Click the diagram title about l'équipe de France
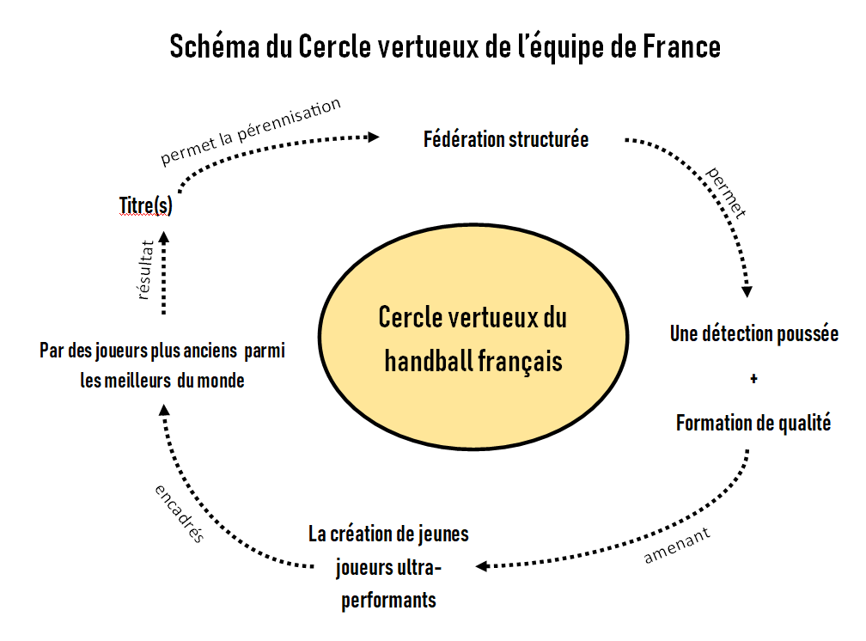coord(445,46)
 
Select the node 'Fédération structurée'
coord(506,139)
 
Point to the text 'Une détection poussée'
coord(753,334)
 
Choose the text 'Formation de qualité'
coord(753,423)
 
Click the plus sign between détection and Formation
coord(753,378)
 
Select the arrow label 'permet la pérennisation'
coord(251,131)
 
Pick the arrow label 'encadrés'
coord(180,513)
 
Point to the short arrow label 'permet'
coord(726,192)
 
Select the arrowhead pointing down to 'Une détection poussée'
coord(747,290)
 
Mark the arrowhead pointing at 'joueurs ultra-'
coord(483,566)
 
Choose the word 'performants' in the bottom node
coord(388,599)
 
